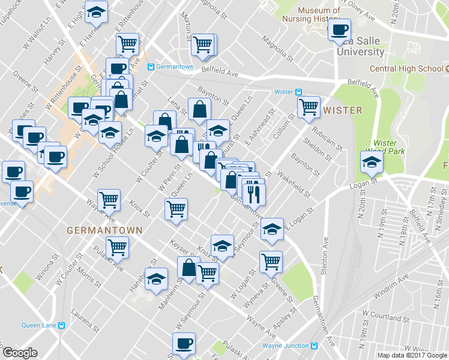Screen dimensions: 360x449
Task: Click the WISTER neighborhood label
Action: pos(343,110)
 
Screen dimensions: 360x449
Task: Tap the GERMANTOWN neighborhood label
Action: pos(104,230)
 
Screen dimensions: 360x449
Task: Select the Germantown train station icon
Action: pos(151,67)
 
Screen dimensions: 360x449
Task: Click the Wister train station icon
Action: pos(298,92)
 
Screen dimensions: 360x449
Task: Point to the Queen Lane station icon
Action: pos(61,326)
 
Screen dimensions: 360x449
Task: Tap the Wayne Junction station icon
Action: pos(314,346)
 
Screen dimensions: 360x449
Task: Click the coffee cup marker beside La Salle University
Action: pos(339,30)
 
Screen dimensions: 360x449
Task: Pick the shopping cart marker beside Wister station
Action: pos(309,108)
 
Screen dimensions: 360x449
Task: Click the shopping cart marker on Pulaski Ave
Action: pos(117,247)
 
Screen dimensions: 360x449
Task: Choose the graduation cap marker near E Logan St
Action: pos(272,230)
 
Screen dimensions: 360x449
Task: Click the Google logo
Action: pos(20,353)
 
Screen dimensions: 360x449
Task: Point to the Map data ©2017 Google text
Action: pos(412,355)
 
